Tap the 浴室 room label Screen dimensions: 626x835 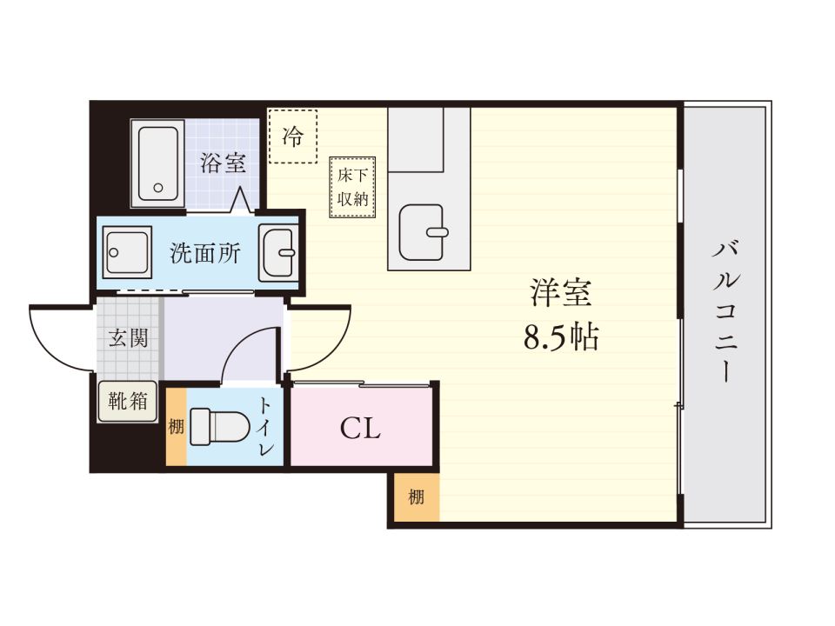[x=223, y=163]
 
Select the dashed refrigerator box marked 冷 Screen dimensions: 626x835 [x=292, y=136]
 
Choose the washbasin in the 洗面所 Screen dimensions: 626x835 [x=279, y=251]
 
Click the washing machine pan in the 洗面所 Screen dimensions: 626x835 [x=127, y=253]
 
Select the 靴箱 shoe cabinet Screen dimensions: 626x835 [x=127, y=402]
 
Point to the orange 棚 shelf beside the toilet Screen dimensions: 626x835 [x=176, y=427]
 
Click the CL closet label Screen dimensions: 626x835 [x=360, y=428]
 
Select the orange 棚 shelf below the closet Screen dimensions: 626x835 [x=416, y=498]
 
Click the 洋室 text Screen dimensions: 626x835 [x=561, y=294]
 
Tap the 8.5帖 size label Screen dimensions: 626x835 [x=561, y=337]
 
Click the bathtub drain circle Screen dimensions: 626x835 [x=158, y=186]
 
